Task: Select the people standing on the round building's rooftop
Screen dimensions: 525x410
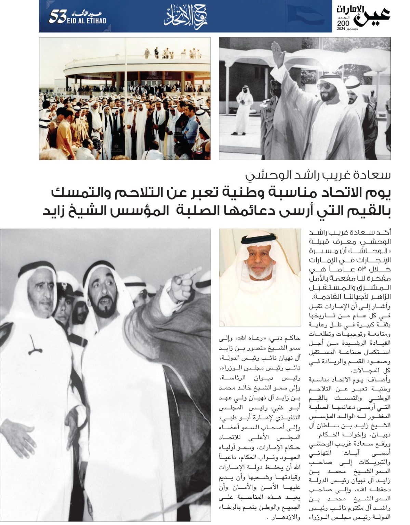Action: [x=168, y=53]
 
